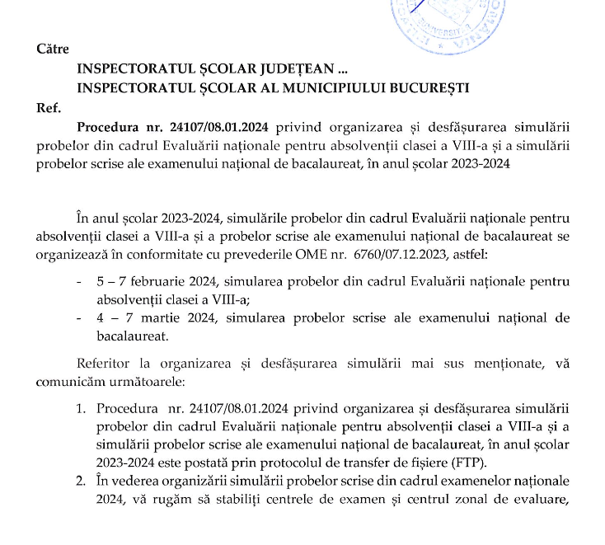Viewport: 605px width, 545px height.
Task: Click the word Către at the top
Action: point(53,49)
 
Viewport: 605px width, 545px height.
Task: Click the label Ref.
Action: point(49,107)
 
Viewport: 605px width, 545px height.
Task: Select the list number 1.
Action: point(81,408)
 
